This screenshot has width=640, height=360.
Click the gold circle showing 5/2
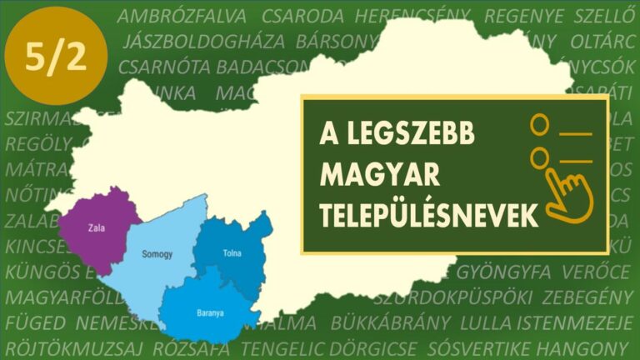[x=56, y=56]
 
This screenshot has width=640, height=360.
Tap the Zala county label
[x=95, y=225]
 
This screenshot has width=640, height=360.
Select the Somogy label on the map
[x=157, y=254]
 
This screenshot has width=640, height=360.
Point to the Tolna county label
[x=232, y=252]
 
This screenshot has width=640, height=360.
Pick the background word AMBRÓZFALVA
[x=182, y=16]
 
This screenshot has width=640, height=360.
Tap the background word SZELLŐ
[x=601, y=16]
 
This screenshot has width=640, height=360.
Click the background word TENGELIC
[x=283, y=347]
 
